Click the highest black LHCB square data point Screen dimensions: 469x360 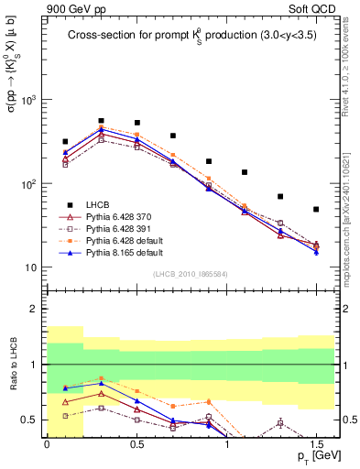101,120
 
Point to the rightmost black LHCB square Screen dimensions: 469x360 316,209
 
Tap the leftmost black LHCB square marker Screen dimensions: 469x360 65,142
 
